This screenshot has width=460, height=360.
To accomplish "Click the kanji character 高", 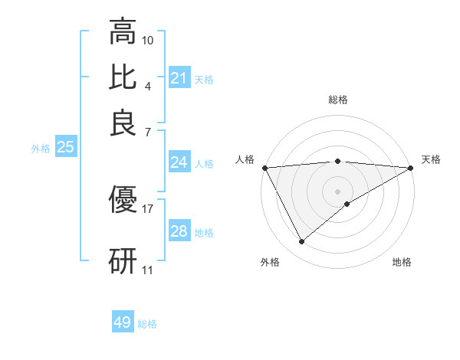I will point(123,32).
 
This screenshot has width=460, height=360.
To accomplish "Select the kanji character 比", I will point(123,77).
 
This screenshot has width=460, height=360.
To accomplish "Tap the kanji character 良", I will point(123,123).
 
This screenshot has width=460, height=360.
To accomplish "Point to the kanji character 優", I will point(123,200).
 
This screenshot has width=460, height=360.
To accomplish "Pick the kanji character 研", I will point(123,260).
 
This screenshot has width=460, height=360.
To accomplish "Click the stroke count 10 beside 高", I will point(148,40).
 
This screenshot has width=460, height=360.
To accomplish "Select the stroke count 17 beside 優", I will point(148,208).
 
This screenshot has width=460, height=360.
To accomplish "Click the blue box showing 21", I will point(179,78).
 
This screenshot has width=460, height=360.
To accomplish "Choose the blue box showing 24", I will point(179,162).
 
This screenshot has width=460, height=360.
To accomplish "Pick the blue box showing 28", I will point(179,231).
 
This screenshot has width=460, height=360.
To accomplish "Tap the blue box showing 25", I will point(65,148).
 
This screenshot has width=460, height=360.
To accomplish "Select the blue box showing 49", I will point(123,322).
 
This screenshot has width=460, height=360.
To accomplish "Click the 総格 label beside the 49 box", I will point(147,324).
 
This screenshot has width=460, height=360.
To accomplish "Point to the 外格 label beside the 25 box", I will point(41,149).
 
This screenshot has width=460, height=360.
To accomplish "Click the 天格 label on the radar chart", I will point(431,159).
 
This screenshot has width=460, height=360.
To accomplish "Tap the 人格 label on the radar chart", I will point(245,159).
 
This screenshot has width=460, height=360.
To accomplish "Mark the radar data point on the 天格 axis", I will point(411,167).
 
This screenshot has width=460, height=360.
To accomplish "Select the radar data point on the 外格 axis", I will point(301,242).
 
